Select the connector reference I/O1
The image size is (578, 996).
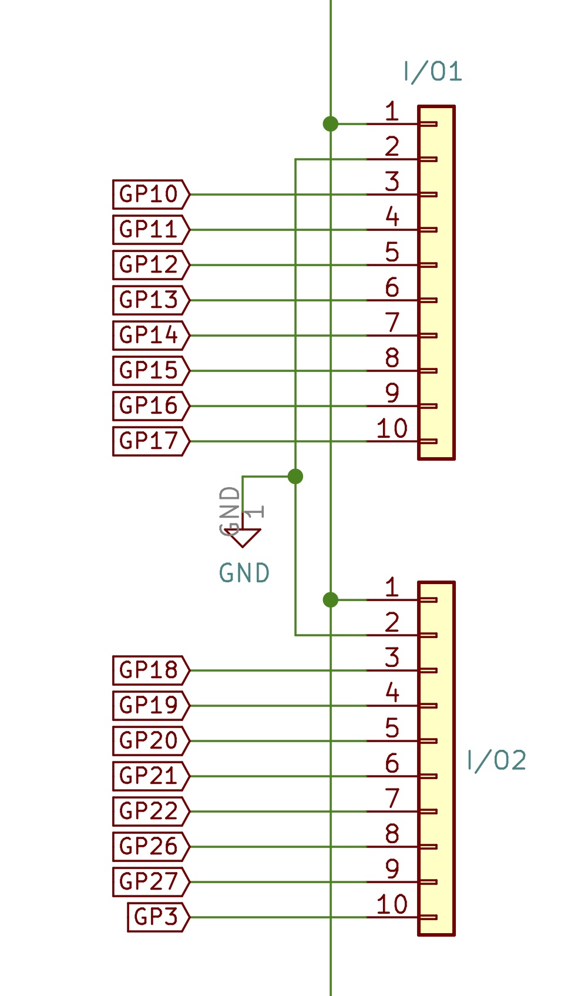coord(433,72)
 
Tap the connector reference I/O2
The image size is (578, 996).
coord(496,760)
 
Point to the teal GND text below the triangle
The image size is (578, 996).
coord(244,573)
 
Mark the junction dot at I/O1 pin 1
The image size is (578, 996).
coord(331,124)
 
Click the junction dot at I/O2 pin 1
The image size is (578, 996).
coord(331,600)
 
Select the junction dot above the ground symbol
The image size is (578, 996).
coord(295,476)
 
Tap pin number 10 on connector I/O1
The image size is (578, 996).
coord(392,428)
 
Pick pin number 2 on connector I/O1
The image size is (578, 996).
coord(392,146)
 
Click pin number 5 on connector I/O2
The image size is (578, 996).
coord(392,728)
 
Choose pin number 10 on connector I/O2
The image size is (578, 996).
coord(392,904)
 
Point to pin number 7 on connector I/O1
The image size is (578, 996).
coord(392,323)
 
